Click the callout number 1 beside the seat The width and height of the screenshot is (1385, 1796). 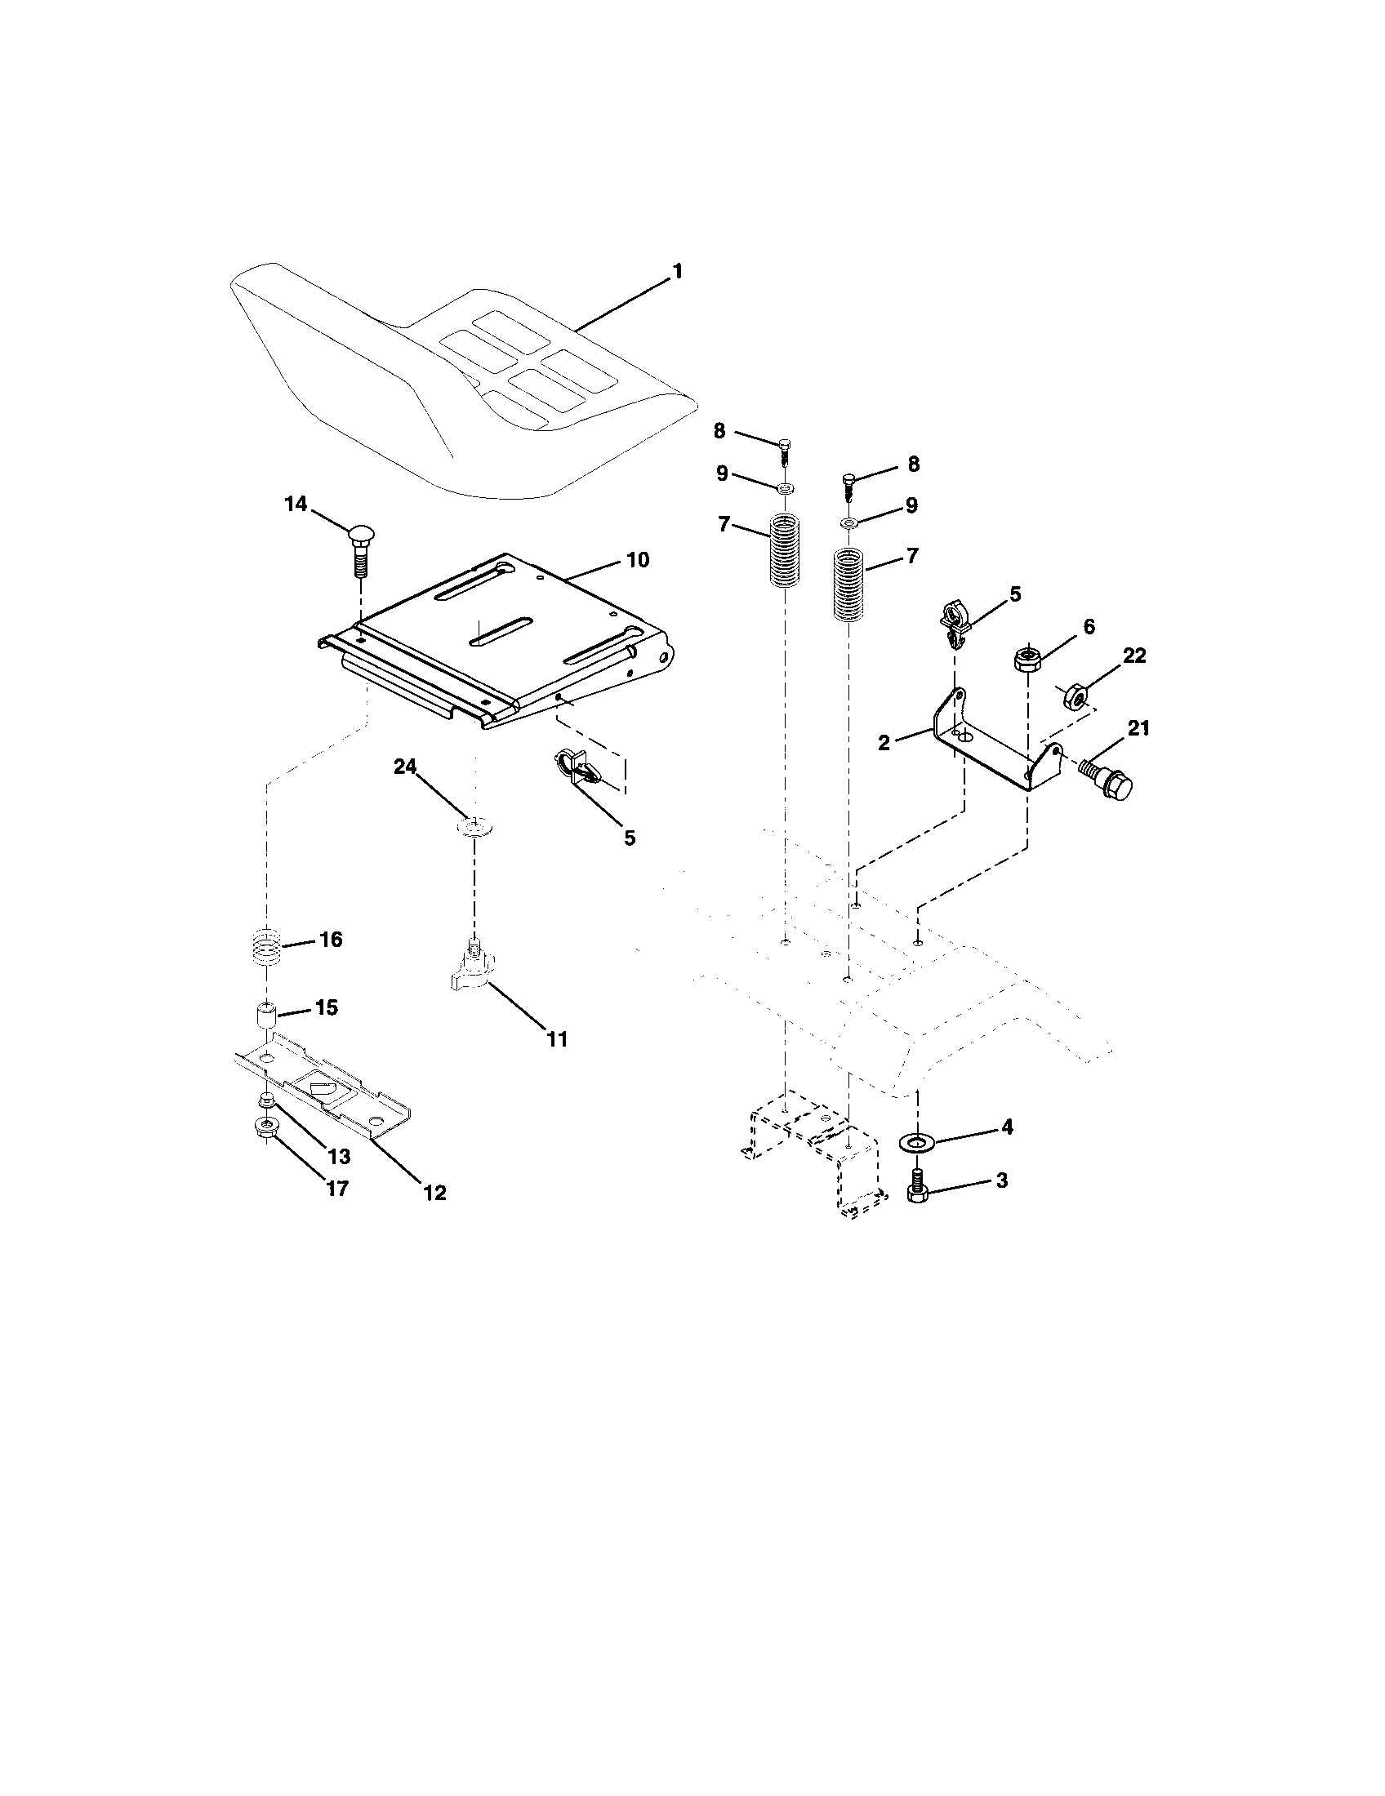(678, 271)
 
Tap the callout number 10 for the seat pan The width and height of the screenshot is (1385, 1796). (638, 560)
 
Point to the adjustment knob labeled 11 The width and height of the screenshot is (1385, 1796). (472, 966)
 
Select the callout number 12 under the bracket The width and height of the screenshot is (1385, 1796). (434, 1194)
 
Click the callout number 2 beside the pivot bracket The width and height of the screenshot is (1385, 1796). (884, 743)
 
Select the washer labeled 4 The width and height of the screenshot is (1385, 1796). (915, 1142)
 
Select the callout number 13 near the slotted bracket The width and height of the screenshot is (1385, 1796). (339, 1156)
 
